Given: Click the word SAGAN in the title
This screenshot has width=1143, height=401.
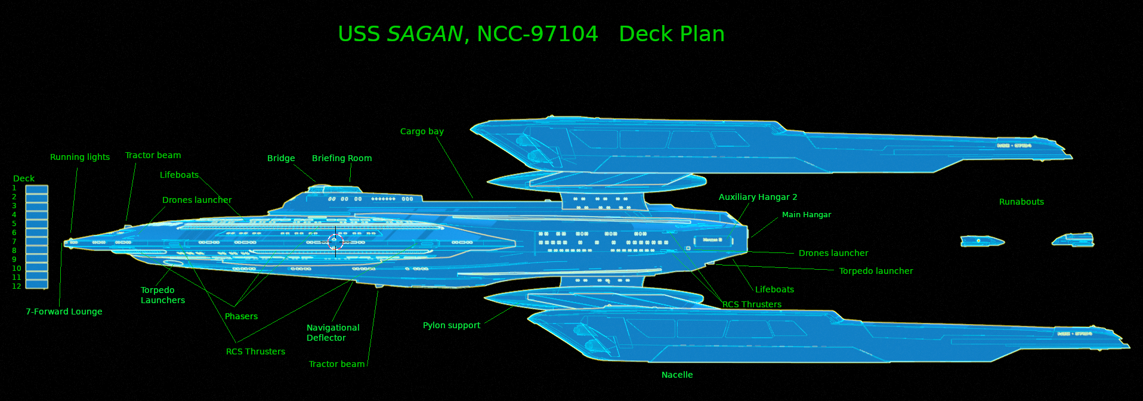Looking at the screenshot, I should [x=425, y=35].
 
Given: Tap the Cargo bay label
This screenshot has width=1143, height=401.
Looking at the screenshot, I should [x=422, y=131].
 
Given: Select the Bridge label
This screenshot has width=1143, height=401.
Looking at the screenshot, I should [x=281, y=158].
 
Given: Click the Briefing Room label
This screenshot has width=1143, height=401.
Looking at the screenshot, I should [x=342, y=158].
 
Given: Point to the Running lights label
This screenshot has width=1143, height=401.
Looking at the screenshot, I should [x=80, y=157].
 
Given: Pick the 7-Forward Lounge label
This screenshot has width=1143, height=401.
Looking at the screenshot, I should [x=64, y=311].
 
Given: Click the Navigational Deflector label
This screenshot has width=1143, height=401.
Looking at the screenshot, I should [x=333, y=332].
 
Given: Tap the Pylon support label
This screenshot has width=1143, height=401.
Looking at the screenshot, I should [x=452, y=325].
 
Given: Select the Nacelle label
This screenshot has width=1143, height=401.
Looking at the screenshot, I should [x=677, y=375].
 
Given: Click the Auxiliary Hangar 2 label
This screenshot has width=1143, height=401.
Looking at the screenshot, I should [x=758, y=197].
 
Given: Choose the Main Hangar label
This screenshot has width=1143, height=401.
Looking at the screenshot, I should [x=807, y=215].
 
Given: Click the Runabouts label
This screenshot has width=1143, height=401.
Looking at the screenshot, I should [x=1021, y=202].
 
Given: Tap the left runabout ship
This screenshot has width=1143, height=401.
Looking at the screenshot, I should [x=981, y=241].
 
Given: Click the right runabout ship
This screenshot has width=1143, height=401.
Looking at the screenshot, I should [x=1074, y=240].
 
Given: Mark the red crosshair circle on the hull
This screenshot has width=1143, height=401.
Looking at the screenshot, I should [x=336, y=242].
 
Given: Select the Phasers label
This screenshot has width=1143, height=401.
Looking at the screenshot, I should [x=241, y=316].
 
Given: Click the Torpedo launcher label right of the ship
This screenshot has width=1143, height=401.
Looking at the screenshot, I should [x=876, y=271].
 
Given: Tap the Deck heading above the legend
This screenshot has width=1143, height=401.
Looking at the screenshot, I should [x=24, y=178].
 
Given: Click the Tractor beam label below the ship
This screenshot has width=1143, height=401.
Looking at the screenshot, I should [x=336, y=364].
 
